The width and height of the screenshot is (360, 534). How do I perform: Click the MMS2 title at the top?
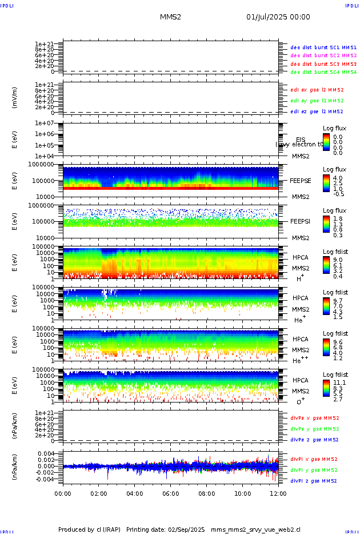pyautogui.click(x=170, y=17)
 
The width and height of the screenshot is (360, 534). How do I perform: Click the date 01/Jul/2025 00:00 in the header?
pyautogui.click(x=278, y=17)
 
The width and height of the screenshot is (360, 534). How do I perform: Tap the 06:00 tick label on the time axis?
pyautogui.click(x=170, y=493)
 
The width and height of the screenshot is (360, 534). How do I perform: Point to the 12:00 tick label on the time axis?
pyautogui.click(x=278, y=493)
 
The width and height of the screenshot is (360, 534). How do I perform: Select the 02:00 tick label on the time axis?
pyautogui.click(x=99, y=493)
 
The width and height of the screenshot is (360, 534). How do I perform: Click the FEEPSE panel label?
pyautogui.click(x=301, y=180)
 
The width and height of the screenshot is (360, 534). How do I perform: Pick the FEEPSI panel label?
pyautogui.click(x=301, y=221)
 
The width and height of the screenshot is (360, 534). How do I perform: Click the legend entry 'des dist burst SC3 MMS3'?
pyautogui.click(x=323, y=64)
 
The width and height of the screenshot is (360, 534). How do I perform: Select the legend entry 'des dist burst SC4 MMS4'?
pyautogui.click(x=323, y=73)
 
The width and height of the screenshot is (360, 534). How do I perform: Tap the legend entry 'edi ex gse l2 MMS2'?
pyautogui.click(x=317, y=90)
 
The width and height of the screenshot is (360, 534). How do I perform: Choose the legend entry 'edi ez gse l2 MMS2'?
pyautogui.click(x=317, y=111)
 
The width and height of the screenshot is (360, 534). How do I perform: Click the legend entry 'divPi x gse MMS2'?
pyautogui.click(x=314, y=459)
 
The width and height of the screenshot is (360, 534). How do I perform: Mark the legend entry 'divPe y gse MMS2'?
pyautogui.click(x=314, y=429)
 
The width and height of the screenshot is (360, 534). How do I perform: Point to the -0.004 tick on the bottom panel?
pyautogui.click(x=45, y=479)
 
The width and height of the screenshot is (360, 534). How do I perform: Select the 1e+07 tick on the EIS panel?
pyautogui.click(x=44, y=123)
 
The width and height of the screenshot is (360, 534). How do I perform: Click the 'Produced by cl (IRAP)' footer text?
pyautogui.click(x=89, y=529)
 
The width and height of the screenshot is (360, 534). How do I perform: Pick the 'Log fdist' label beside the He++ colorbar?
pyautogui.click(x=335, y=333)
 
